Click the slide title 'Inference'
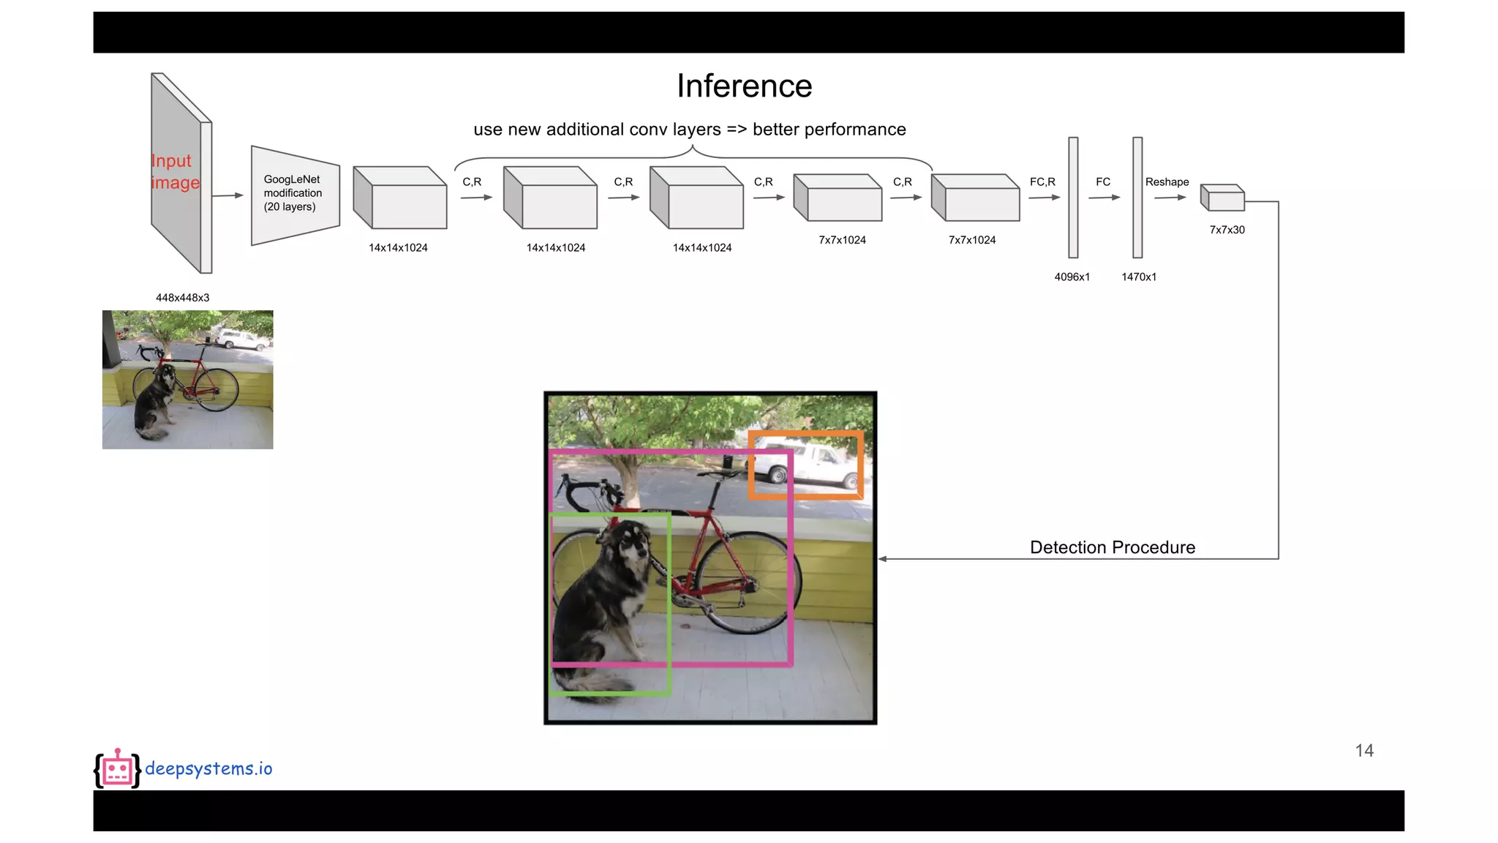pyautogui.click(x=744, y=86)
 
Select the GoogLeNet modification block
pyautogui.click(x=294, y=195)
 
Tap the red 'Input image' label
pyautogui.click(x=174, y=172)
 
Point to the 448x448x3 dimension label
pyautogui.click(x=182, y=298)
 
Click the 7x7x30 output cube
pyautogui.click(x=1223, y=198)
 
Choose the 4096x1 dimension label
pyautogui.click(x=1072, y=277)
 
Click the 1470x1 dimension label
pyautogui.click(x=1139, y=277)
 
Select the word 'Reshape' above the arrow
pyautogui.click(x=1167, y=182)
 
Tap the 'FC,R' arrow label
pyautogui.click(x=1042, y=182)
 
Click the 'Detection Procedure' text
pyautogui.click(x=1112, y=547)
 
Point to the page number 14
pyautogui.click(x=1364, y=751)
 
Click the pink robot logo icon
pyautogui.click(x=117, y=769)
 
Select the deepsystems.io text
pyautogui.click(x=208, y=768)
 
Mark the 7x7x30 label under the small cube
pyautogui.click(x=1227, y=230)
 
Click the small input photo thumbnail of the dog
pyautogui.click(x=187, y=379)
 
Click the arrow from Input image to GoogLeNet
pyautogui.click(x=227, y=195)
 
